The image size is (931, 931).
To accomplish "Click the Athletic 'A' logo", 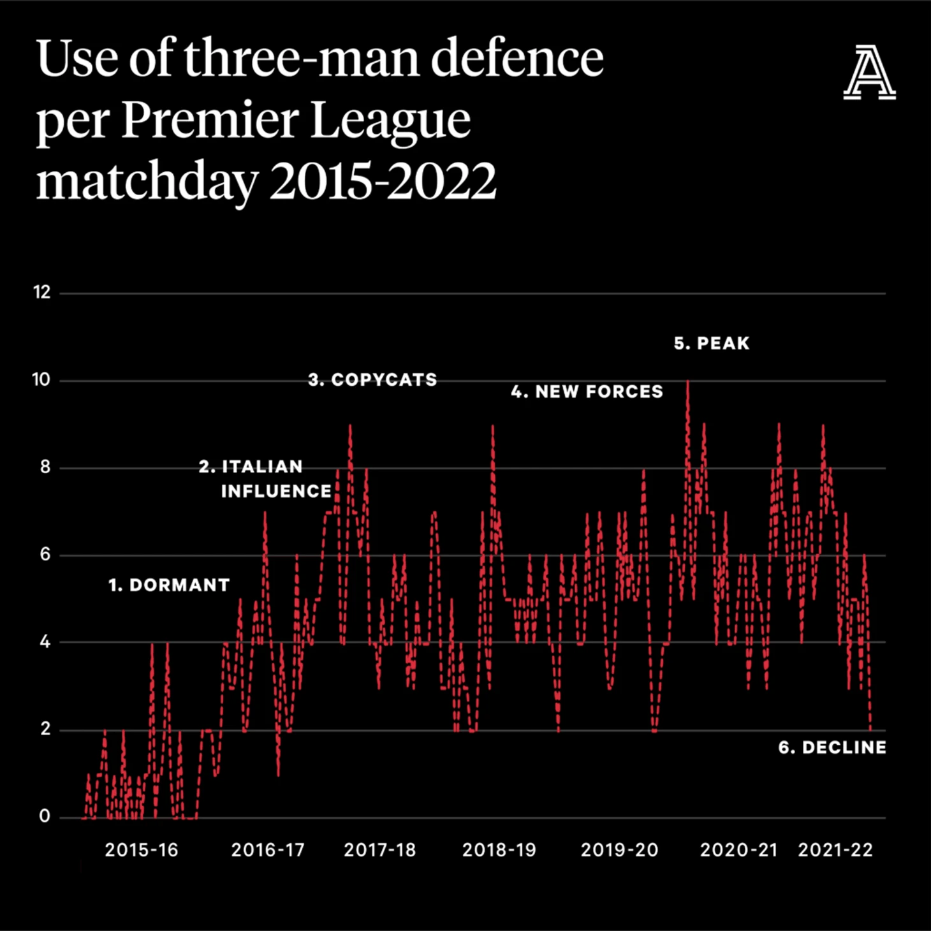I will [x=869, y=73].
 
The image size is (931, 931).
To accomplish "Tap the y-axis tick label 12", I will [x=41, y=292].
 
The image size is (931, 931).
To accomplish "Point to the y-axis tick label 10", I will [x=41, y=380].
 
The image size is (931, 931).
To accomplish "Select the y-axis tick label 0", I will [x=44, y=816].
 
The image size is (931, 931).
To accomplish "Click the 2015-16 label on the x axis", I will [x=142, y=850].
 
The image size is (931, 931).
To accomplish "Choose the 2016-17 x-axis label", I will [x=268, y=850].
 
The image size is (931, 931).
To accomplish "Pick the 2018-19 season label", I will [x=499, y=850].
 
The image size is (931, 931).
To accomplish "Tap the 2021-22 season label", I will [x=835, y=850].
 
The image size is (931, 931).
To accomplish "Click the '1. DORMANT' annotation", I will [x=169, y=585].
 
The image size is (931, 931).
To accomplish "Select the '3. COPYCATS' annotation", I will [x=372, y=380].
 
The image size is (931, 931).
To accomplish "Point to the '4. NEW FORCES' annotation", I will [x=587, y=392].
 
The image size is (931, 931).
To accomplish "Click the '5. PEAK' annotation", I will [x=712, y=344].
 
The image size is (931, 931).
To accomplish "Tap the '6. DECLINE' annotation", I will [x=832, y=747].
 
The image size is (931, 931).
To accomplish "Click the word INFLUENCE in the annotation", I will [x=276, y=492].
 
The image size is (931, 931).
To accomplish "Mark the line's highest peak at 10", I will [x=687, y=381].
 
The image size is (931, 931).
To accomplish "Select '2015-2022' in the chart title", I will [x=383, y=180].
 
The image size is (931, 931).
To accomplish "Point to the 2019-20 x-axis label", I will [x=619, y=850].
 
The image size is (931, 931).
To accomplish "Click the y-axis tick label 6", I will [x=45, y=554].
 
